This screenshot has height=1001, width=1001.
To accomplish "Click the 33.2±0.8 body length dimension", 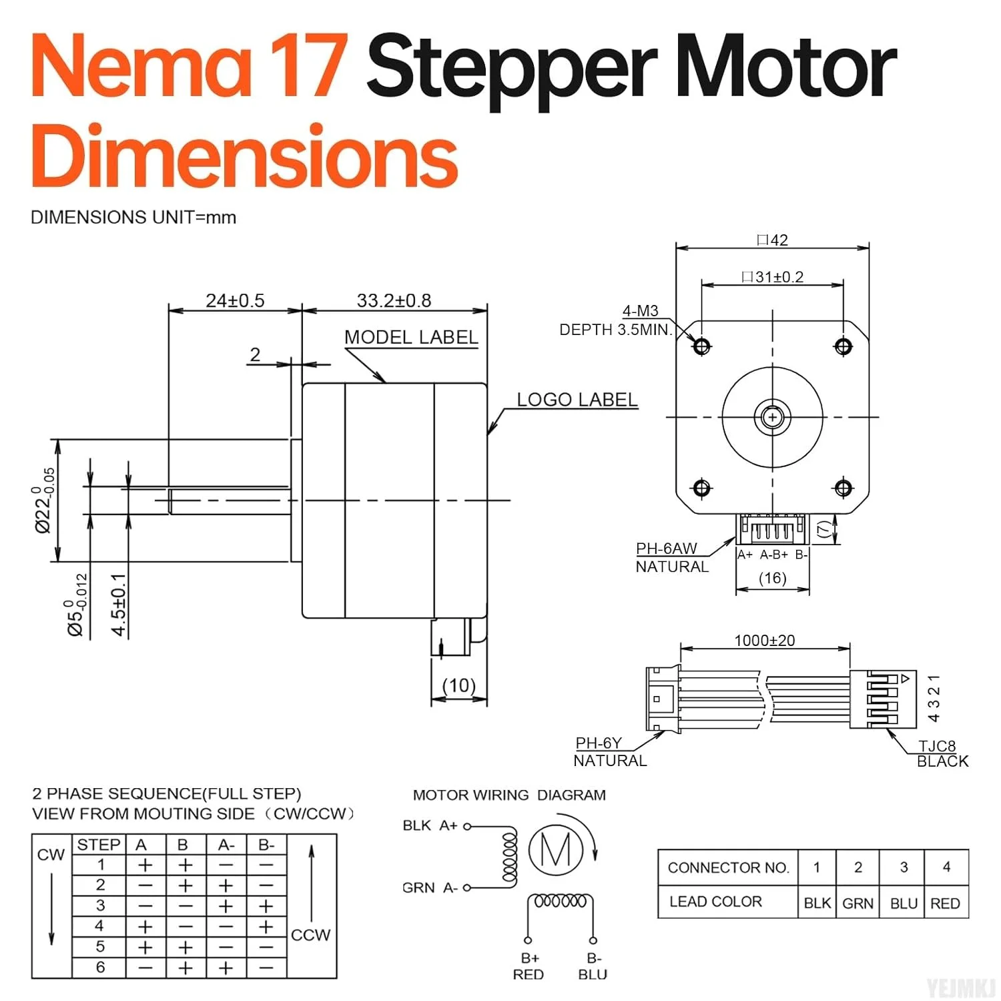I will (394, 300).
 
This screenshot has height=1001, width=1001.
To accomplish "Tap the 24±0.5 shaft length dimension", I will (235, 300).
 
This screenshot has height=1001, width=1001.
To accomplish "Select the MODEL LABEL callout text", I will (411, 337).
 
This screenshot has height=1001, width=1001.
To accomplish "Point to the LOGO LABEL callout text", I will (577, 399).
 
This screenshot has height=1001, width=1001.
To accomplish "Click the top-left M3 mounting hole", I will (701, 346).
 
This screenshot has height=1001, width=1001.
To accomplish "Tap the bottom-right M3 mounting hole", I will (844, 488).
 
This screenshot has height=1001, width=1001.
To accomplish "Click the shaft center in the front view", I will (773, 417).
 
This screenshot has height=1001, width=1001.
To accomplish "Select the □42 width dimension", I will (773, 240).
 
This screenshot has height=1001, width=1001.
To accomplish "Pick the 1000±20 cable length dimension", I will (765, 640).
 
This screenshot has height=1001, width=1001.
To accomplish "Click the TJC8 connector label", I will (937, 746).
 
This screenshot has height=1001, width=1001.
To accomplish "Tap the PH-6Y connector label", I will (599, 743).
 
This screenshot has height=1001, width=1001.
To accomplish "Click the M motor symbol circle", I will (556, 850).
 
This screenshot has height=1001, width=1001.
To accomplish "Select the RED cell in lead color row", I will (945, 903).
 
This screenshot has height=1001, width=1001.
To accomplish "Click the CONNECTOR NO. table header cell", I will (728, 868).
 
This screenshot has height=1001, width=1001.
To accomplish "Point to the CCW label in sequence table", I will (310, 935).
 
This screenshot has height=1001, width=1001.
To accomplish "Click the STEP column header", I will (99, 844).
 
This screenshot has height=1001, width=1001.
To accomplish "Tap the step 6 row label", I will (100, 967).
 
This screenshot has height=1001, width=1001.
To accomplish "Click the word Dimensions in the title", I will (244, 157).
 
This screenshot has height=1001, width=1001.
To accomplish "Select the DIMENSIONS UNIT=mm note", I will (133, 218).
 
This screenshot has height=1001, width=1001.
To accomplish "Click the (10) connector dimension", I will (459, 685).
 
